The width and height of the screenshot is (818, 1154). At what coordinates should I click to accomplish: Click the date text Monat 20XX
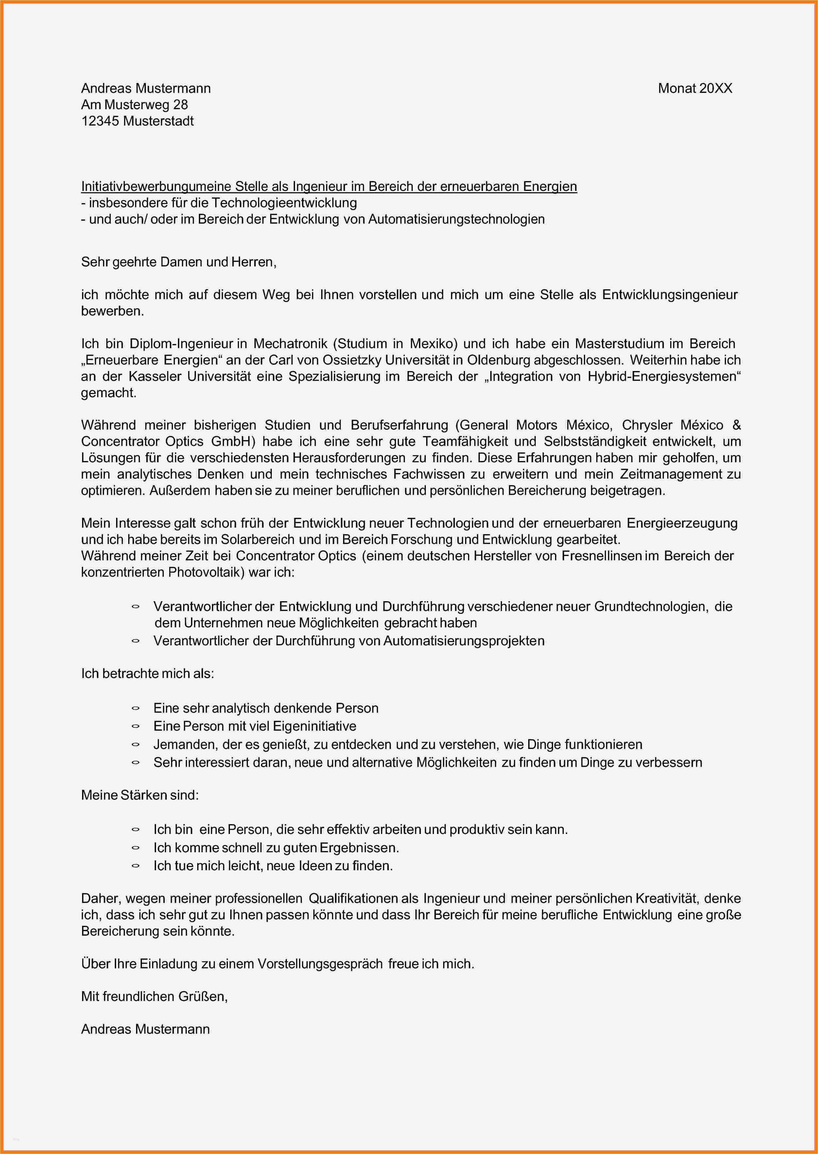(x=695, y=89)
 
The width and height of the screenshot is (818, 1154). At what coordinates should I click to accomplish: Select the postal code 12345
(x=100, y=121)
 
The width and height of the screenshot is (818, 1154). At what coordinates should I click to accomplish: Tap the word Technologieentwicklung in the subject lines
(x=284, y=203)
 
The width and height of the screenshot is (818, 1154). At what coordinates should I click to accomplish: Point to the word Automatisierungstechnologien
(x=456, y=220)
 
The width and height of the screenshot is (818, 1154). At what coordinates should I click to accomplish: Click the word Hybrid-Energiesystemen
(x=664, y=377)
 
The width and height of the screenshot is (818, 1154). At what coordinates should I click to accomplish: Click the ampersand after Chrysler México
(x=737, y=425)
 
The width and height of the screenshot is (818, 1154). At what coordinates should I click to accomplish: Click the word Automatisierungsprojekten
(x=463, y=641)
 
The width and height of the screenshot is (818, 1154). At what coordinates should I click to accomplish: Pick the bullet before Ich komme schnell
(x=135, y=848)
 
